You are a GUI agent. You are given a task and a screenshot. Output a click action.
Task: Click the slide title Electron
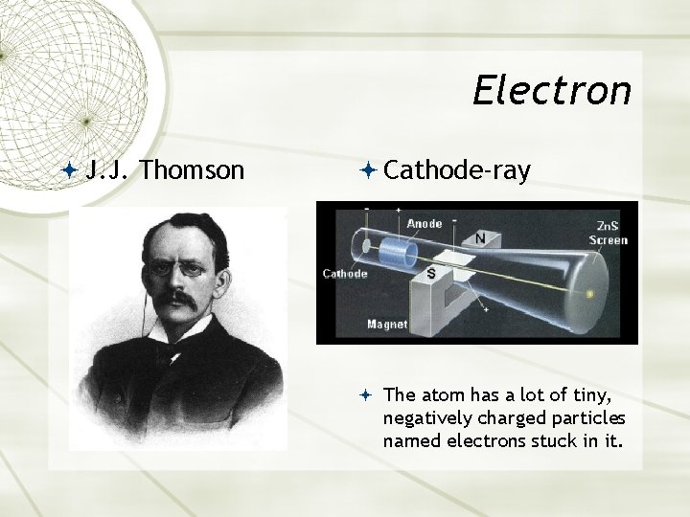552,91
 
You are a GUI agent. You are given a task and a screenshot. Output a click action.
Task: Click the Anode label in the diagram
425,224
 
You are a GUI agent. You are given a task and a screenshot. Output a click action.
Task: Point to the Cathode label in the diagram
344,274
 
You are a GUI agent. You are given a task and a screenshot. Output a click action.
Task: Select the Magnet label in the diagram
387,325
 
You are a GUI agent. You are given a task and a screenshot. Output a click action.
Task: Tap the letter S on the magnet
431,275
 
